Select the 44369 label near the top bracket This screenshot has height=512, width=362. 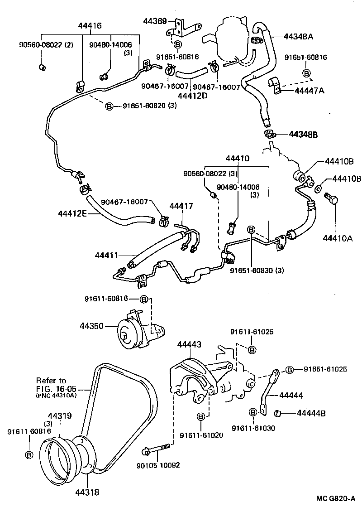(x=155, y=21)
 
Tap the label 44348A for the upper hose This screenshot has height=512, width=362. (x=298, y=36)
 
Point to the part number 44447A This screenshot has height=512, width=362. (x=310, y=91)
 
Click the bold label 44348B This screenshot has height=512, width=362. (x=303, y=135)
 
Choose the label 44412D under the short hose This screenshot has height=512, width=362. (x=192, y=95)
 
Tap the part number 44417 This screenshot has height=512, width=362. (x=181, y=206)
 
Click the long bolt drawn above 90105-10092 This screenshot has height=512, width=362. (x=157, y=449)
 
